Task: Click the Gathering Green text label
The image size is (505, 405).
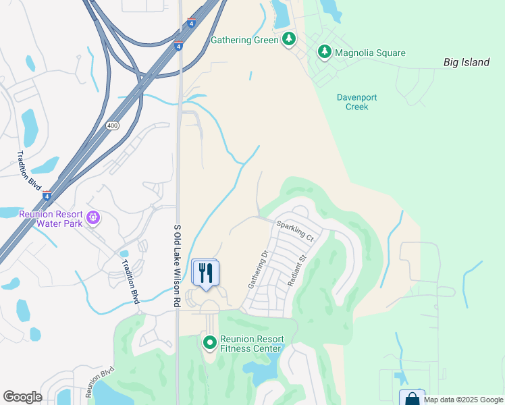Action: click(x=244, y=40)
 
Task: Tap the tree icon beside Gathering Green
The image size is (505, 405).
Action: click(x=289, y=39)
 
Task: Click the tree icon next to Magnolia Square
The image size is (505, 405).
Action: click(x=325, y=52)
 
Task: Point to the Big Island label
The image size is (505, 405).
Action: click(x=466, y=63)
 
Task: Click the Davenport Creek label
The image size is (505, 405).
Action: click(x=356, y=102)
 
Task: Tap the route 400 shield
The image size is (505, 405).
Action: click(x=113, y=126)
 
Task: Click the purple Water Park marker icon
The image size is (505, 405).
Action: click(x=94, y=218)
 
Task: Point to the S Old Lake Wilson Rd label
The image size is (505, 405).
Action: click(x=178, y=267)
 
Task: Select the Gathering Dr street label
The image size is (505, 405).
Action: click(x=258, y=271)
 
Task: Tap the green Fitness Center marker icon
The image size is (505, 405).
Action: click(x=209, y=344)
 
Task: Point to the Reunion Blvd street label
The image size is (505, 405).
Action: click(x=100, y=383)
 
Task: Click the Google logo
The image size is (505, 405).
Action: click(x=22, y=397)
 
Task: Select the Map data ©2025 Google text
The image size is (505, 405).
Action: click(x=463, y=400)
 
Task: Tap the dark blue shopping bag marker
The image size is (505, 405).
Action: click(x=412, y=399)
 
